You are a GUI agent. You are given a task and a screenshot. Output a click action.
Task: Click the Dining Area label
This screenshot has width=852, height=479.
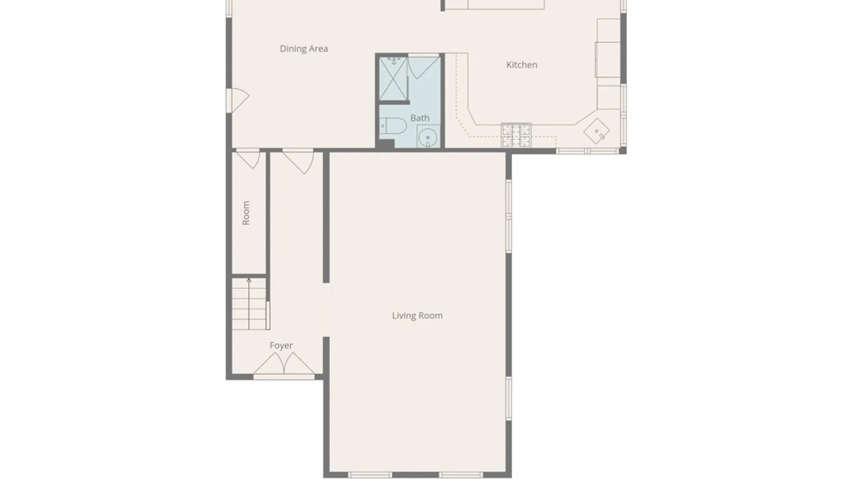click(304, 49)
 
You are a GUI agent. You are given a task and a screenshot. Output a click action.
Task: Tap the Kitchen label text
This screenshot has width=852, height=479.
click(522, 65)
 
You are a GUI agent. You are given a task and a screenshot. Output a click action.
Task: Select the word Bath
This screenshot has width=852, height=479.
click(420, 118)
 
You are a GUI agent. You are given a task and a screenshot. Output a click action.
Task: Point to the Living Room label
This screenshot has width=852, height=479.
click(417, 315)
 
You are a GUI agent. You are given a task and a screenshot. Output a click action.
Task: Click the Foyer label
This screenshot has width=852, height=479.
click(281, 346)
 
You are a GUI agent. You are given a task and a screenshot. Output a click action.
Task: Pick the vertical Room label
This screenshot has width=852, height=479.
click(246, 213)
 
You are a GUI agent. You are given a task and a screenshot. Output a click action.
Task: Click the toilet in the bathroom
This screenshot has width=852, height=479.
click(393, 126)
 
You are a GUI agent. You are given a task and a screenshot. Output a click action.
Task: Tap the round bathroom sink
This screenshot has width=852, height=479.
click(428, 137)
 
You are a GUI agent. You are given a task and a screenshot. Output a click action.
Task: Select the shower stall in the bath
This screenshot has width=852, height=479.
click(393, 79)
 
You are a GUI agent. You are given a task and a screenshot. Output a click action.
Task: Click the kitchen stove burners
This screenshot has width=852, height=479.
click(516, 135)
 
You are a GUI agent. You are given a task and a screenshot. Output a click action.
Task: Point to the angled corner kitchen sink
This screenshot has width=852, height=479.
click(596, 131)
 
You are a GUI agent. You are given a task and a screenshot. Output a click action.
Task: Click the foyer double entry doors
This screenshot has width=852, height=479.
click(284, 364)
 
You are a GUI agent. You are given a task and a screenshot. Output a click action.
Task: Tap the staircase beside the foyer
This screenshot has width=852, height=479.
click(249, 303)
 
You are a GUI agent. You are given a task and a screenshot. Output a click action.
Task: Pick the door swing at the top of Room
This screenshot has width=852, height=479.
click(248, 160)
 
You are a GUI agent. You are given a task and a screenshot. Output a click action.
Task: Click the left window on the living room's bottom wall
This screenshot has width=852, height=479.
click(370, 475)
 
